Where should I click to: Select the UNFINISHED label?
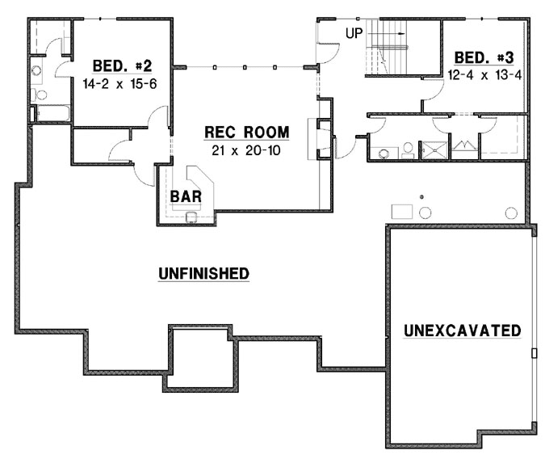[x=203, y=274]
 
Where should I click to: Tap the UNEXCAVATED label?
[x=462, y=331]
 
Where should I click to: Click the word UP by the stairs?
[x=353, y=33]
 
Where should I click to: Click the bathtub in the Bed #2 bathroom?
[x=52, y=113]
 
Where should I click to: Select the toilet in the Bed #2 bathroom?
[x=40, y=95]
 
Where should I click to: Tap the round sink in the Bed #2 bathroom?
[x=37, y=70]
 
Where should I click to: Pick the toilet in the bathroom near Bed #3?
[x=409, y=150]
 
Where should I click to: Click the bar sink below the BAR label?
[x=192, y=216]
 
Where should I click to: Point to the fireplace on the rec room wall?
[x=322, y=140]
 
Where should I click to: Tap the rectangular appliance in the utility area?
[x=402, y=211]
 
